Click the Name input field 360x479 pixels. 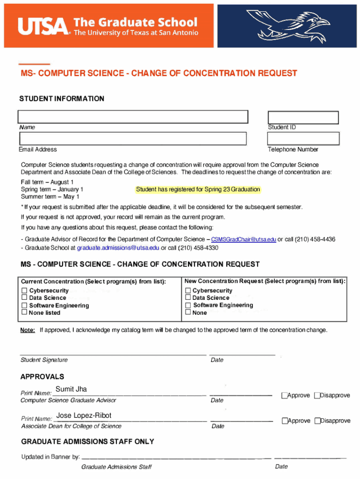[133, 116]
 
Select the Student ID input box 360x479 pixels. [302, 117]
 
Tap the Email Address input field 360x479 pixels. [133, 138]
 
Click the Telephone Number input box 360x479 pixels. [302, 138]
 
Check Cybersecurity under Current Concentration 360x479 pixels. [24, 290]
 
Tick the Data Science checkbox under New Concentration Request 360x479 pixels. [188, 298]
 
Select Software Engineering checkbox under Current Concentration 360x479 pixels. [24, 305]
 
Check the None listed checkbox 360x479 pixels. [24, 312]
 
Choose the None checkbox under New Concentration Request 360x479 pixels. [188, 312]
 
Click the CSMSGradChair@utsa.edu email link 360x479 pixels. [244, 239]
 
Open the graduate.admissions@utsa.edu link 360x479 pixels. [118, 248]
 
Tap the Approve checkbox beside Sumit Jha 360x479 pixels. [284, 396]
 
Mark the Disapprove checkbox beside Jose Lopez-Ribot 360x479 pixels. [317, 421]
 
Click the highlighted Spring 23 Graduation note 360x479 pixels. [198, 189]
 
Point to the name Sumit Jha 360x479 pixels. [71, 389]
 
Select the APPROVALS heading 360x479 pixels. [43, 377]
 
